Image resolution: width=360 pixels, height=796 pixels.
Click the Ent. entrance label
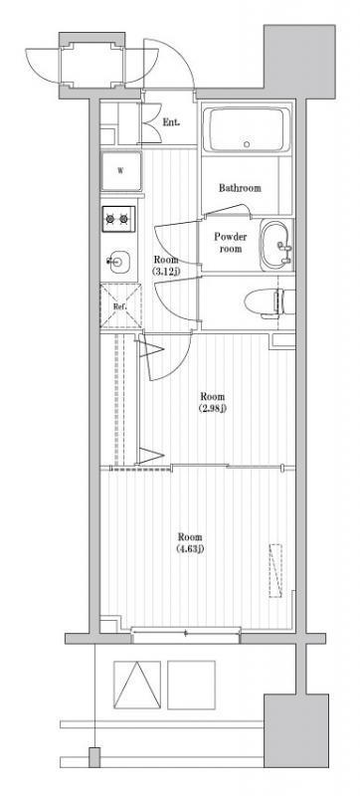tap(170, 122)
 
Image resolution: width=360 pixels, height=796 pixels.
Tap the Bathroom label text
tap(240, 188)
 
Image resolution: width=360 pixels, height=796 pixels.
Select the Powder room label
tap(230, 243)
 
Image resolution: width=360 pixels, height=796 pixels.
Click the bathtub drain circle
tap(247, 143)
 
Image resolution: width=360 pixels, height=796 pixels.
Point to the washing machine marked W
tap(120, 170)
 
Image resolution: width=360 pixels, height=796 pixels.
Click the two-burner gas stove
tap(118, 219)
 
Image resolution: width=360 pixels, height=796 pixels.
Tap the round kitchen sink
tap(118, 262)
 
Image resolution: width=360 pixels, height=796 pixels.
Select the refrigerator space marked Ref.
tap(120, 306)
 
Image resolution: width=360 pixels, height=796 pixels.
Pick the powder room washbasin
tap(276, 246)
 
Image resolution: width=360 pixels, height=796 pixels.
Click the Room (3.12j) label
tap(166, 265)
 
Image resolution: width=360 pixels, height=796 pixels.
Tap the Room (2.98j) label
tap(212, 402)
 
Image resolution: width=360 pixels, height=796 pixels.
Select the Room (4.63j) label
tap(190, 542)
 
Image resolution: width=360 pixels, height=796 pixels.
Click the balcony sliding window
tap(186, 633)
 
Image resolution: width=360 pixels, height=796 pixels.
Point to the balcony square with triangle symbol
tap(137, 685)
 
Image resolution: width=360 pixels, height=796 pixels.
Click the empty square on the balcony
tap(191, 685)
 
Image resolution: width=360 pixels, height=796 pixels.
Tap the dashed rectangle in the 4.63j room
tap(275, 570)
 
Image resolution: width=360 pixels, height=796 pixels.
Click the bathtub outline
tap(247, 129)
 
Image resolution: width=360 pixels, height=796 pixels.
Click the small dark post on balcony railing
tap(94, 757)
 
